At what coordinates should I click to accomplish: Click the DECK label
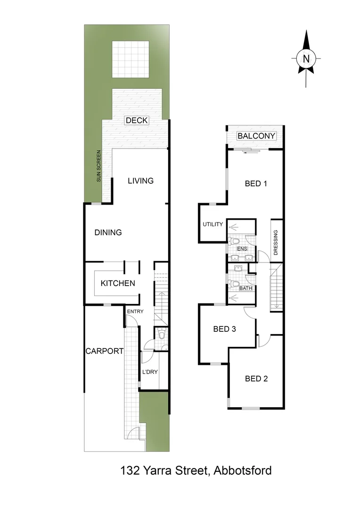point(137,121)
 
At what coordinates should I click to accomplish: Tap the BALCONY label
point(256,136)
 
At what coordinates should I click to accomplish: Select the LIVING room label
point(141,181)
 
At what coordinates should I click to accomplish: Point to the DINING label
point(108,232)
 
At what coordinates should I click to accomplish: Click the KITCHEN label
point(118,283)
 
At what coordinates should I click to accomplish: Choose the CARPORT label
point(104,351)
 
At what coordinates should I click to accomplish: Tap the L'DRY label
point(149,372)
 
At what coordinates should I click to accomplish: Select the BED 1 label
point(256,184)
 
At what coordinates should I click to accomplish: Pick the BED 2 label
point(256,378)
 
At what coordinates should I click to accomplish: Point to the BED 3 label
point(224,329)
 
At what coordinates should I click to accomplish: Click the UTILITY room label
point(213,224)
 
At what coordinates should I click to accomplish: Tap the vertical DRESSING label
point(276,242)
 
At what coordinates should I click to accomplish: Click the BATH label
point(245,288)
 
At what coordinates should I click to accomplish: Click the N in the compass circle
point(307,59)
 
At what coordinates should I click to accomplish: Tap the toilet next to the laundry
point(162,336)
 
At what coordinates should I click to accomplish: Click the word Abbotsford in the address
point(243,470)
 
